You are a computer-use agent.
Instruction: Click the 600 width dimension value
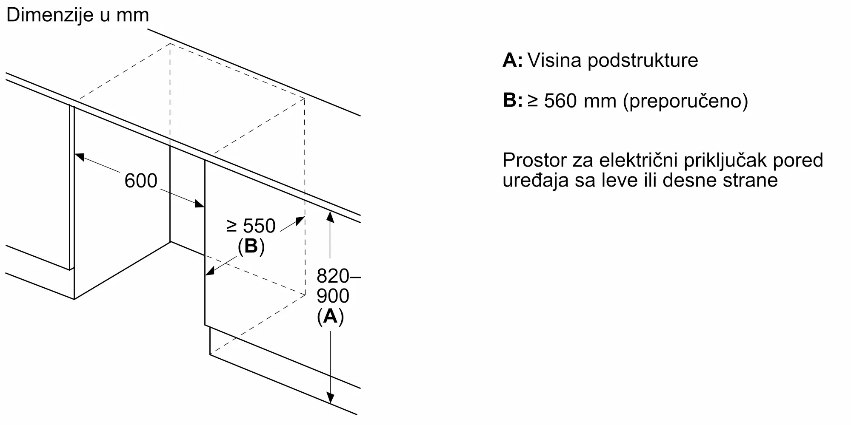141,181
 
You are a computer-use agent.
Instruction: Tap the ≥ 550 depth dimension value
251,226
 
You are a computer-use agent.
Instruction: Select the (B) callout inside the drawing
251,246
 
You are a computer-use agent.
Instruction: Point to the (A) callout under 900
330,316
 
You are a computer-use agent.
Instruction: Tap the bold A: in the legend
513,60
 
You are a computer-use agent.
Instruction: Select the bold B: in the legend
513,101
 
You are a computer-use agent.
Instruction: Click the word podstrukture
643,61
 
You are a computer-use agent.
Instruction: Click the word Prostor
535,161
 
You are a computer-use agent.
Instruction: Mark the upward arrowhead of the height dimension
330,216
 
